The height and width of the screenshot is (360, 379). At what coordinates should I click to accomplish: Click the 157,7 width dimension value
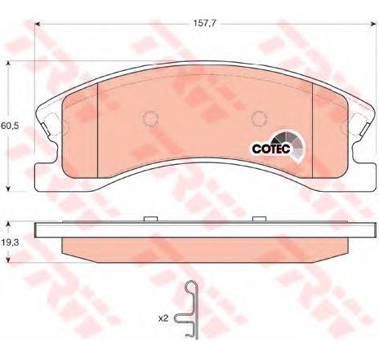click(204, 24)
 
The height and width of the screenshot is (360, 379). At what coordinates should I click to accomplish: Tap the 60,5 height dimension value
click(10, 126)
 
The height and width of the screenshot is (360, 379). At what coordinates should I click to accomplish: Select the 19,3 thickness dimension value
click(10, 242)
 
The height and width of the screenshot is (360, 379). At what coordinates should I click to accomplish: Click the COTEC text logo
click(271, 149)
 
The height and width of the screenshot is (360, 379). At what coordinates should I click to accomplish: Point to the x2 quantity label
click(163, 318)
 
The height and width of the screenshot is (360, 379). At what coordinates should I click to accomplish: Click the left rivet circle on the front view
click(150, 119)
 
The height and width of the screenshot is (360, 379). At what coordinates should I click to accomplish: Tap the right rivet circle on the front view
click(259, 118)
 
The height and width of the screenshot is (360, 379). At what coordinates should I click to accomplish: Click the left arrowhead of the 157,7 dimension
click(38, 24)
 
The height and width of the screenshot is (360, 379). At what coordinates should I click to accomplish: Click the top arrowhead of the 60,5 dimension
click(8, 64)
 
